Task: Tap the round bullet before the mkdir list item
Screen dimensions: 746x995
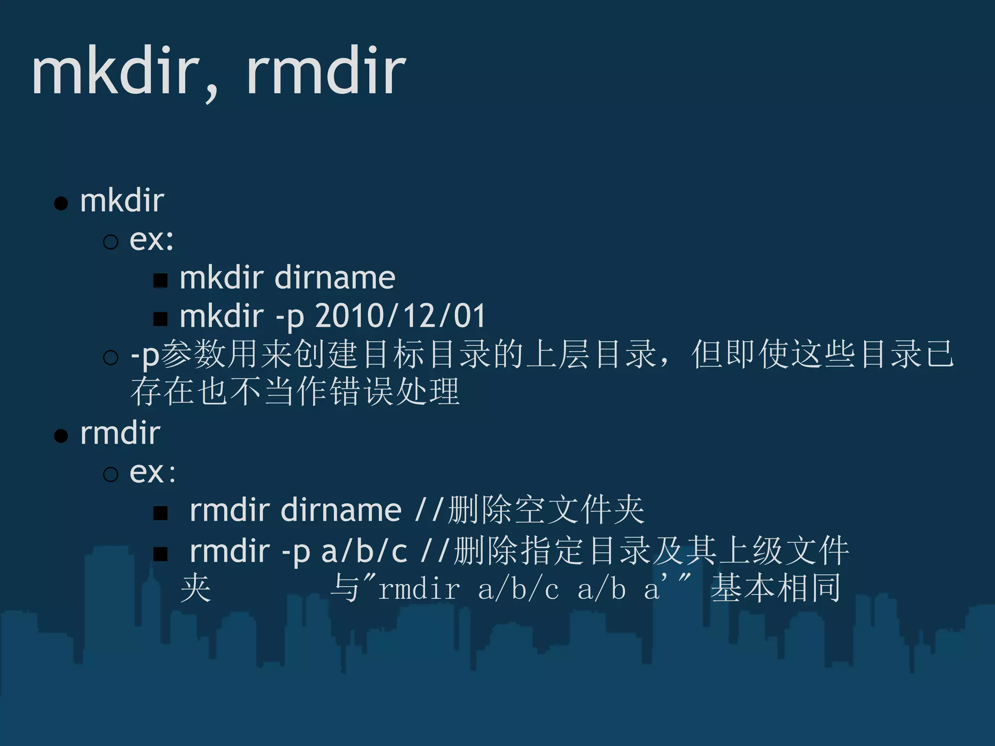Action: (61, 203)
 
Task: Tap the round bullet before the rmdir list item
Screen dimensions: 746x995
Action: (61, 436)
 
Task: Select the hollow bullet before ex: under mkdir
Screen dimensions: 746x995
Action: (111, 241)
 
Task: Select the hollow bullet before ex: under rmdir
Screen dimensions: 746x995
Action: (111, 474)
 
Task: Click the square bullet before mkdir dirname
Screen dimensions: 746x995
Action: (160, 280)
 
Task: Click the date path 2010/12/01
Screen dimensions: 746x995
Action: (400, 316)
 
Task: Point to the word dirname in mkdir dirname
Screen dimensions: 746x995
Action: (335, 278)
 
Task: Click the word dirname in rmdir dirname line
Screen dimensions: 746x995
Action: (341, 510)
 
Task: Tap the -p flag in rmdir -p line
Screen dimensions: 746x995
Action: (296, 552)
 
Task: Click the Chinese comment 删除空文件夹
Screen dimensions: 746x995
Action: (546, 510)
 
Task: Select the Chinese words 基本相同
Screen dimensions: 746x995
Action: (776, 588)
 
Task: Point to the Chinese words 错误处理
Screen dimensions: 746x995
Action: (395, 391)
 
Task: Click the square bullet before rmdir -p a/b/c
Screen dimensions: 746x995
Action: (160, 554)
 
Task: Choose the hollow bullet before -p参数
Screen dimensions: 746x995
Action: (111, 358)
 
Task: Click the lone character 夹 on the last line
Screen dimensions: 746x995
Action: (196, 588)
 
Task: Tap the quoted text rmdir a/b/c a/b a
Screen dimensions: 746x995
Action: (519, 589)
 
